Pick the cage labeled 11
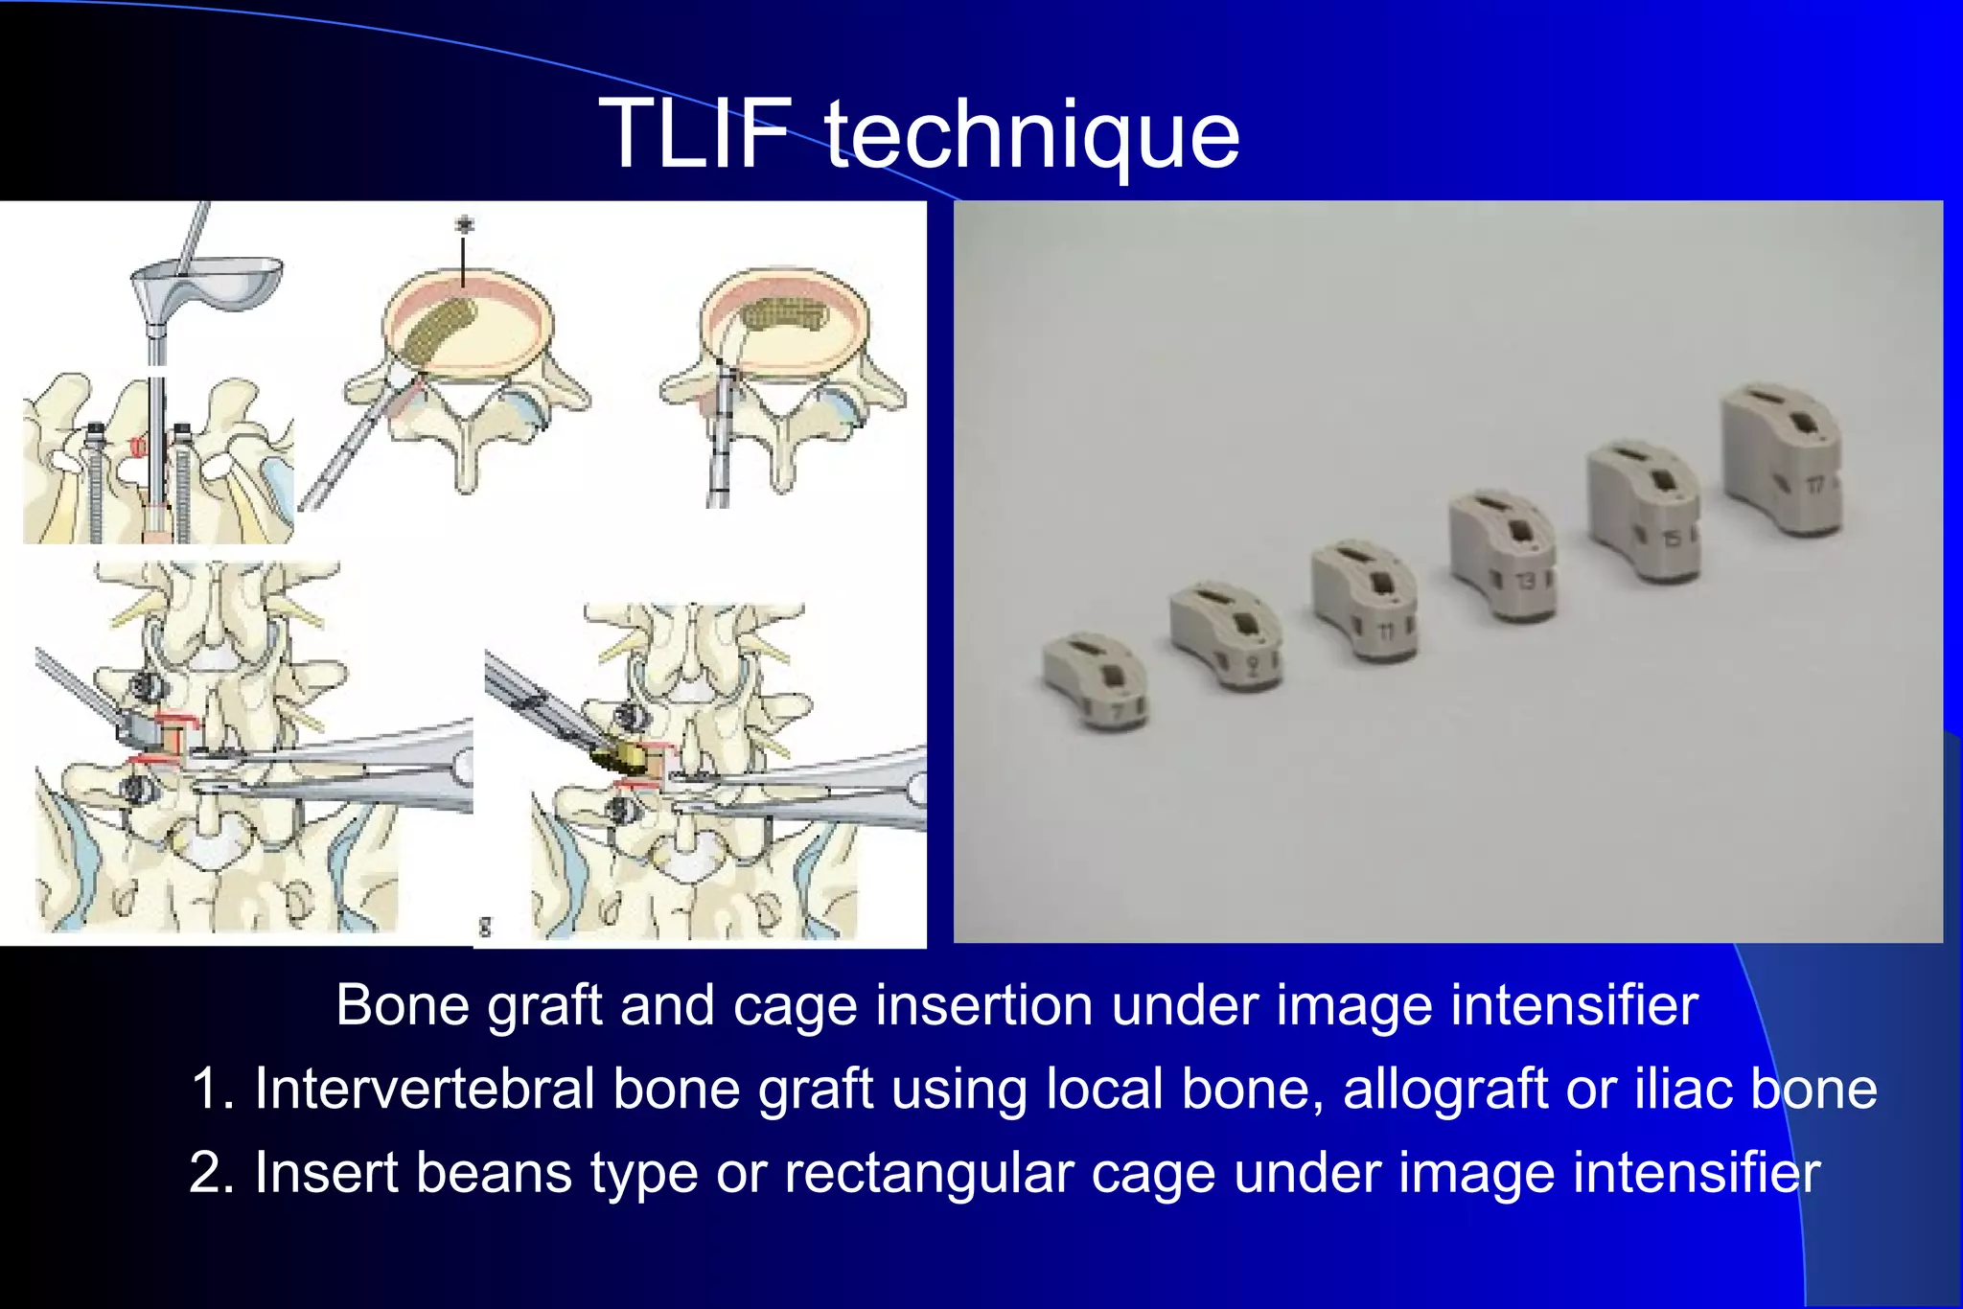[x=1365, y=601]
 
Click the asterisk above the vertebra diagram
[x=464, y=225]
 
